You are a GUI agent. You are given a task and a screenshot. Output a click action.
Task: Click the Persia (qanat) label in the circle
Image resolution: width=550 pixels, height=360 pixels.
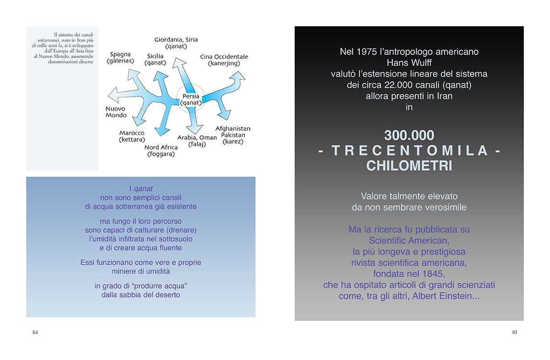[191, 99]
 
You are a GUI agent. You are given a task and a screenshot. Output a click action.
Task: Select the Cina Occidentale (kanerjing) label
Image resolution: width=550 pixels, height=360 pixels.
[224, 60]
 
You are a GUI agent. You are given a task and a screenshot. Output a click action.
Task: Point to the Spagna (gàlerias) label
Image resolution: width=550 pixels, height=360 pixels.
[120, 57]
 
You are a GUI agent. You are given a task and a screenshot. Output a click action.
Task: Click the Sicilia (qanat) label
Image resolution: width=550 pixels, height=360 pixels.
[155, 60]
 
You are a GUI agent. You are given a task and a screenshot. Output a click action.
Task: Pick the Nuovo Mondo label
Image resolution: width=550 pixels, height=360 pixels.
[116, 112]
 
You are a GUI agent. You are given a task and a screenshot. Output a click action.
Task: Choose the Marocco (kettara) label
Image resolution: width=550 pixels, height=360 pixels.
[132, 136]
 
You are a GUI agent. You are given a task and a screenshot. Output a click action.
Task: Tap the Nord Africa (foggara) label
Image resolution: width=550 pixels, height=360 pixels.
[161, 151]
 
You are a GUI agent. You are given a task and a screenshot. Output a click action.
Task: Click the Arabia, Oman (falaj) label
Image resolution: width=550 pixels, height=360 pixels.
[197, 141]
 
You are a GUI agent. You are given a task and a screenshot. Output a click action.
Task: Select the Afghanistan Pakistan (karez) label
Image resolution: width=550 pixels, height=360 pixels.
[233, 135]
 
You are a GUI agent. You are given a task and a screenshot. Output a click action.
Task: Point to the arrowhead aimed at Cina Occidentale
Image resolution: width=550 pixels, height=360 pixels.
[238, 76]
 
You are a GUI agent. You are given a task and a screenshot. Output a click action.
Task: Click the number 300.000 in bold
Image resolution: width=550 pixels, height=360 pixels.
[409, 135]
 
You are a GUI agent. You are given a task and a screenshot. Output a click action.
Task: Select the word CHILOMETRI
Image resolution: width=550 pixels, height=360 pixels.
[409, 166]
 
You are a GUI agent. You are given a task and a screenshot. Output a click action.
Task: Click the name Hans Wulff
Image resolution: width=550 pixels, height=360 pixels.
[409, 63]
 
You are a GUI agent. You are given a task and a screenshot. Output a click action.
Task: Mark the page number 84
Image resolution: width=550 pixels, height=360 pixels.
[35, 332]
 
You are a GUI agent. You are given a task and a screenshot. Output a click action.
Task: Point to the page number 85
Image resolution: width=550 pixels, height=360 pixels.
[515, 332]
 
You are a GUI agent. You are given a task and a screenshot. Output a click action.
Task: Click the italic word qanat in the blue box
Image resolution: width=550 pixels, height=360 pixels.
[143, 189]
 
